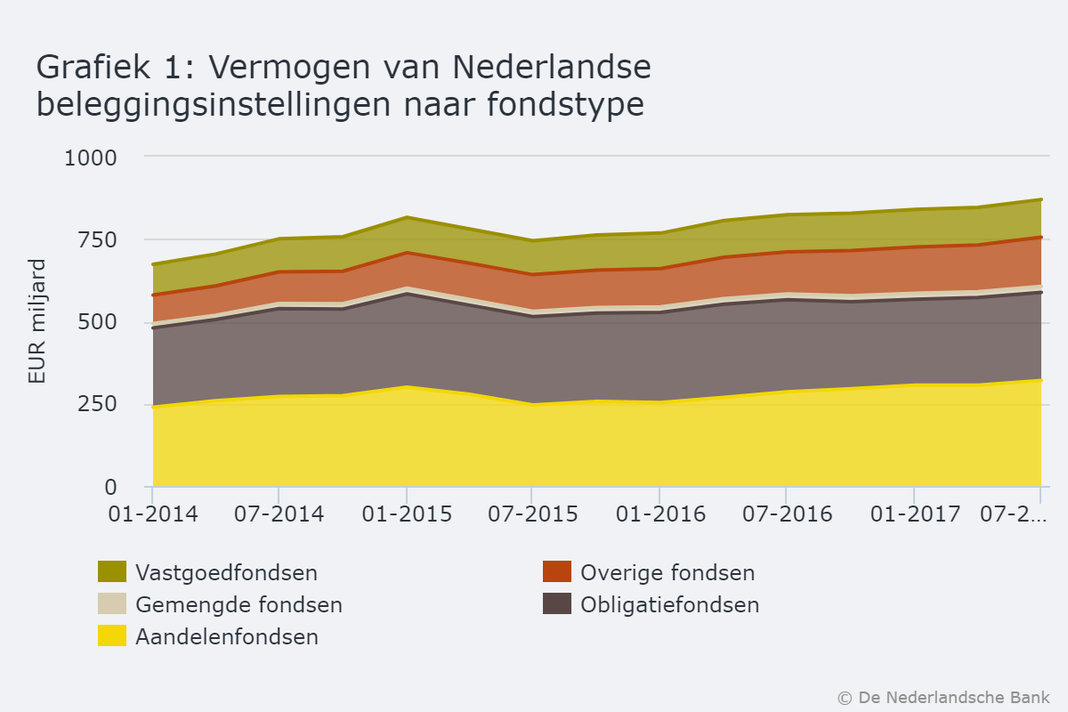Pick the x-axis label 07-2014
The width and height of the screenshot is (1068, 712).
click(279, 514)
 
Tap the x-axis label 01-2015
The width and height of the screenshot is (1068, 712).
click(407, 514)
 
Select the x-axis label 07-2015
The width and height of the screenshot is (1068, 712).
click(532, 514)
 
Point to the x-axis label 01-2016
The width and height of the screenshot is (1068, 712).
click(659, 514)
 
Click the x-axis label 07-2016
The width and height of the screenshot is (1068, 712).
click(786, 514)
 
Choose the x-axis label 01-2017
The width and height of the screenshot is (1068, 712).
click(914, 514)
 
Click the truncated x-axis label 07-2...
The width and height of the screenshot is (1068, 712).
click(1013, 514)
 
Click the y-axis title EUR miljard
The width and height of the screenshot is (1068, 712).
click(36, 321)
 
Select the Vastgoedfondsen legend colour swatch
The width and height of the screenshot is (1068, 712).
click(112, 572)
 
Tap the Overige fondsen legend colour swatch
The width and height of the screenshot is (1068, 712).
click(557, 572)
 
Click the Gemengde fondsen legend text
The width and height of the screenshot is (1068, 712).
click(239, 605)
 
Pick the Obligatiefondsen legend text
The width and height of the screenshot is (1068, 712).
click(669, 605)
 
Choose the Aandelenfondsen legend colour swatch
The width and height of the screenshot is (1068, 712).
click(112, 636)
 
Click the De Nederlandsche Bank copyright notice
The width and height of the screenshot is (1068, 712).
click(943, 697)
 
